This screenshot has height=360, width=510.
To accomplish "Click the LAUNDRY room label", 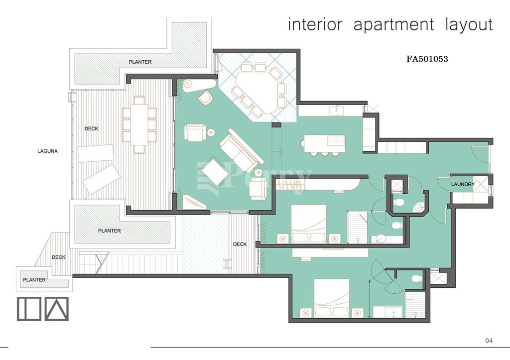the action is [x=463, y=184].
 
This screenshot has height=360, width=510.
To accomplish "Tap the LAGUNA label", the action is [x=47, y=151].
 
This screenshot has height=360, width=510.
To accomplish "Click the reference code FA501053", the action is [x=427, y=59].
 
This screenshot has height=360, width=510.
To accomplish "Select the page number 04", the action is [x=489, y=341].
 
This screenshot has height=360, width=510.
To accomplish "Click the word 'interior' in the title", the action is [x=315, y=25].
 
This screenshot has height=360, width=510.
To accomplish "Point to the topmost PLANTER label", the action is [x=140, y=62].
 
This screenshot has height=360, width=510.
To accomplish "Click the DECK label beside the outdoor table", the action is [x=92, y=128].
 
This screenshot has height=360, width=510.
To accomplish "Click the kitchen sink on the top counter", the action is [x=338, y=111].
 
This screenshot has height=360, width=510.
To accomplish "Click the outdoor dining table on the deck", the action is [x=139, y=124].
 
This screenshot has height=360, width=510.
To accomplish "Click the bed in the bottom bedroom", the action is [x=332, y=298].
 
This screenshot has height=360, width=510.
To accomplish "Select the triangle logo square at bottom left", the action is [x=57, y=309].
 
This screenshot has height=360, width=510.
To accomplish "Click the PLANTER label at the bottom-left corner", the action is [x=34, y=280].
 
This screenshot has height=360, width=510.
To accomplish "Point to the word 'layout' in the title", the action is [x=469, y=25].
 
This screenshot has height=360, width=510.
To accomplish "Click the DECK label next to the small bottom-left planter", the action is [x=59, y=257].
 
